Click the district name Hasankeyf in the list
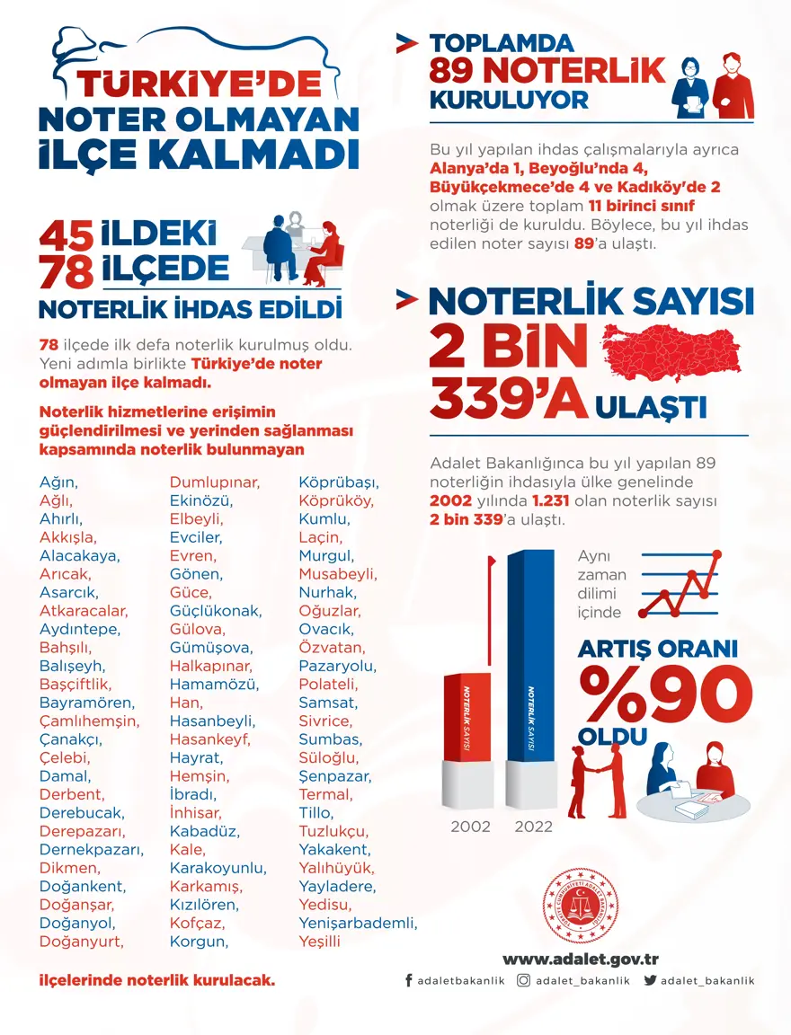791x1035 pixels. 209,739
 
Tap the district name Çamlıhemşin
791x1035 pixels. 89,721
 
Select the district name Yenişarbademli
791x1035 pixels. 358,923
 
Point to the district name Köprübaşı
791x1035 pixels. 339,482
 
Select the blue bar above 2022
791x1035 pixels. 530,660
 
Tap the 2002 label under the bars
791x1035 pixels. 469,827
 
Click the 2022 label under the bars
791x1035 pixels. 533,827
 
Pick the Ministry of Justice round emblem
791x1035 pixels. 582,906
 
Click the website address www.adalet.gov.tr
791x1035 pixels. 581,959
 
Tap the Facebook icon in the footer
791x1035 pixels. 409,981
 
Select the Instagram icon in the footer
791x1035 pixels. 523,981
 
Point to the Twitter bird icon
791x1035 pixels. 650,981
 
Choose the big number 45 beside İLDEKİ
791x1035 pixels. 66,236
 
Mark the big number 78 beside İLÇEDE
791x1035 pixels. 66,271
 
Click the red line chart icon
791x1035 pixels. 680,584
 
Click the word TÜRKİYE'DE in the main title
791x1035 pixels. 199,84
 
